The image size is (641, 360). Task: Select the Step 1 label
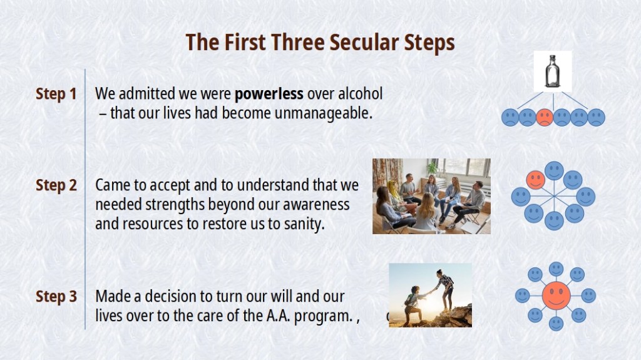56,94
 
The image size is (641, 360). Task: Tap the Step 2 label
56,185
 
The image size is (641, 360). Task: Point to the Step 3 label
56,296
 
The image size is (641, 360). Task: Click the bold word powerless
269,94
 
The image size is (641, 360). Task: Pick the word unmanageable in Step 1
323,113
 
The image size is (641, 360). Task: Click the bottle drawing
552,71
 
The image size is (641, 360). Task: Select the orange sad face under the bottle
545,118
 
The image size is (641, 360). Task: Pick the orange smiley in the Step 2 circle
535,179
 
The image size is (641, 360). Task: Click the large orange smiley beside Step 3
556,295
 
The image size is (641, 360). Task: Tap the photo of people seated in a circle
431,197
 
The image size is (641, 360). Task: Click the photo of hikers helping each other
430,295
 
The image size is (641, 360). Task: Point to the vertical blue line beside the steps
85,199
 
